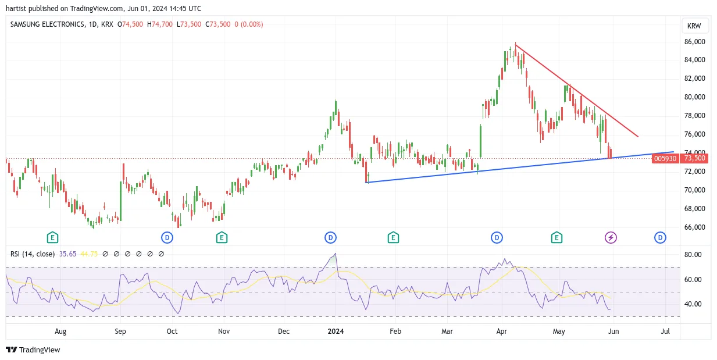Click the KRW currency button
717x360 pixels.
tap(694, 26)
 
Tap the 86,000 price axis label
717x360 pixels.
tap(694, 42)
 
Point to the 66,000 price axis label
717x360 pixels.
tap(694, 227)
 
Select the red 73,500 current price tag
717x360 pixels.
tap(694, 158)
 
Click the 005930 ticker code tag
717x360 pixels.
tap(665, 158)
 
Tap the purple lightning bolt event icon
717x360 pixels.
tap(611, 238)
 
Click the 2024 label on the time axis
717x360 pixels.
tap(336, 332)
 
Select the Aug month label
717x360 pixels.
tap(60, 332)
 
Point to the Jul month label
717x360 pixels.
tap(665, 332)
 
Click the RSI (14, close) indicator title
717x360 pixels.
tap(33, 254)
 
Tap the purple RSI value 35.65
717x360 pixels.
tap(68, 254)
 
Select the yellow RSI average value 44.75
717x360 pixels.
tap(88, 254)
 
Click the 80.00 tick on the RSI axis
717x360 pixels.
tap(693, 255)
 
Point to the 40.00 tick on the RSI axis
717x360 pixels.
tap(693, 304)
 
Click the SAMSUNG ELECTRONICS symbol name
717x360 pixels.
tap(47, 24)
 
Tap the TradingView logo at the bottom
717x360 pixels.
tap(33, 350)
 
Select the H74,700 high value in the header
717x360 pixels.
tap(160, 24)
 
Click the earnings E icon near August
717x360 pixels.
tap(52, 238)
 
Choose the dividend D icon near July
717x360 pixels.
tap(660, 238)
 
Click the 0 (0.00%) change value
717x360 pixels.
tap(249, 24)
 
